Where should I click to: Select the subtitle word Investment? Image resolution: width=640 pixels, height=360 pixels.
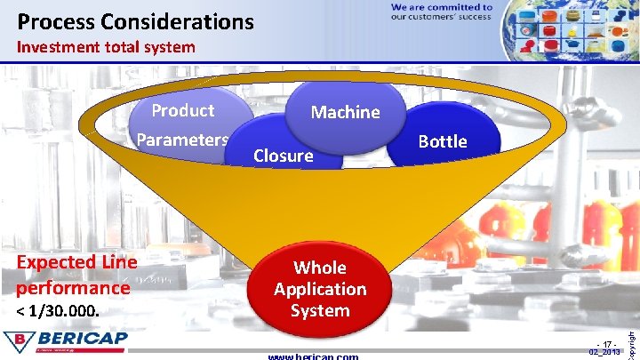pyautogui.click(x=60, y=47)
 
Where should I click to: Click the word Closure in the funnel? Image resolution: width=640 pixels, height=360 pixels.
pyautogui.click(x=283, y=156)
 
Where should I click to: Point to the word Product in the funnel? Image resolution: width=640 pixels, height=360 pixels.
pyautogui.click(x=182, y=110)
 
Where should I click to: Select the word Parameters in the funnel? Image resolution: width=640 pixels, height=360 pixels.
pyautogui.click(x=182, y=140)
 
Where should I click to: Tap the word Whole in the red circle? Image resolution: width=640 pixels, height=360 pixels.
pyautogui.click(x=320, y=268)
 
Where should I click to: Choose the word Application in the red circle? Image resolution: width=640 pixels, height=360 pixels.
pyautogui.click(x=320, y=289)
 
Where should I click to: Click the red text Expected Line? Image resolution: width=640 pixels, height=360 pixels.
pyautogui.click(x=76, y=262)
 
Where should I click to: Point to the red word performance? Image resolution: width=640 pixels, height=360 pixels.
pyautogui.click(x=73, y=288)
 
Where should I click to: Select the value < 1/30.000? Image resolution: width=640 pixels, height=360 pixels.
pyautogui.click(x=59, y=312)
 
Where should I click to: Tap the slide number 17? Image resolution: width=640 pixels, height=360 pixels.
pyautogui.click(x=609, y=344)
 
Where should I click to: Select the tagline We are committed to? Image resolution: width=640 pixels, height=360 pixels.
pyautogui.click(x=441, y=7)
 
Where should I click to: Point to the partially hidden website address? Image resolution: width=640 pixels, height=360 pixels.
pyautogui.click(x=313, y=356)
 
